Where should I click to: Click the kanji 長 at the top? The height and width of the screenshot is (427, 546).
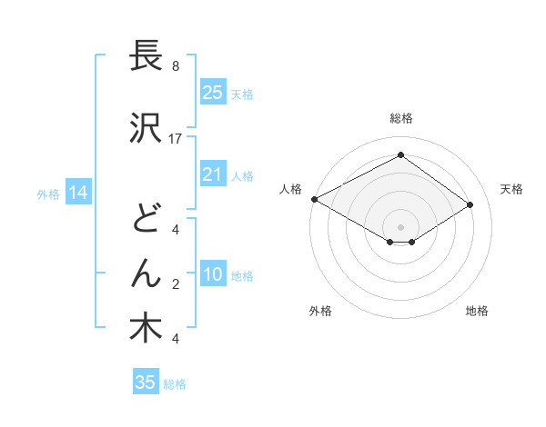pyautogui.click(x=147, y=55)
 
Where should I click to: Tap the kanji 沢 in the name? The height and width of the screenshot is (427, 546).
pyautogui.click(x=147, y=128)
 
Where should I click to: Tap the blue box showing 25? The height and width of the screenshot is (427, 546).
pyautogui.click(x=212, y=92)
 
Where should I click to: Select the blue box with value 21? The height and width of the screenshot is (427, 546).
pyautogui.click(x=212, y=174)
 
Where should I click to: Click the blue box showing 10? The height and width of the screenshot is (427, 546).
pyautogui.click(x=212, y=275)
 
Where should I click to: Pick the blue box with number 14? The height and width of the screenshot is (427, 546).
pyautogui.click(x=77, y=193)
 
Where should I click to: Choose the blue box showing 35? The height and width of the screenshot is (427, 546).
pyautogui.click(x=146, y=382)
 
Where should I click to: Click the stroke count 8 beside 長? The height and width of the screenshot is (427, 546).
pyautogui.click(x=175, y=66)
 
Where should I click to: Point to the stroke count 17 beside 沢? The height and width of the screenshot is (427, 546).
pyautogui.click(x=176, y=138)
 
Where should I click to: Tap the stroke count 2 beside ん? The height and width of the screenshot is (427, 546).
pyautogui.click(x=175, y=284)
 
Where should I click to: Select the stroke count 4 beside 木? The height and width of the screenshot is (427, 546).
pyautogui.click(x=175, y=339)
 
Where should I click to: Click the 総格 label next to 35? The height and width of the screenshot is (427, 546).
pyautogui.click(x=176, y=384)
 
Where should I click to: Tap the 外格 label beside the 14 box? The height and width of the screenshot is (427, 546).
pyautogui.click(x=47, y=194)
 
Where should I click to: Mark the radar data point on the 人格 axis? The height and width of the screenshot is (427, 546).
pyautogui.click(x=314, y=198)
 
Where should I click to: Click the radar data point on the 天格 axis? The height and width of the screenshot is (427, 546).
pyautogui.click(x=470, y=205)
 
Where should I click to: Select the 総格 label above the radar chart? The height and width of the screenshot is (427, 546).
pyautogui.click(x=400, y=119)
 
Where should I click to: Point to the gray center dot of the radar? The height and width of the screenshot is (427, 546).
pyautogui.click(x=400, y=225)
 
